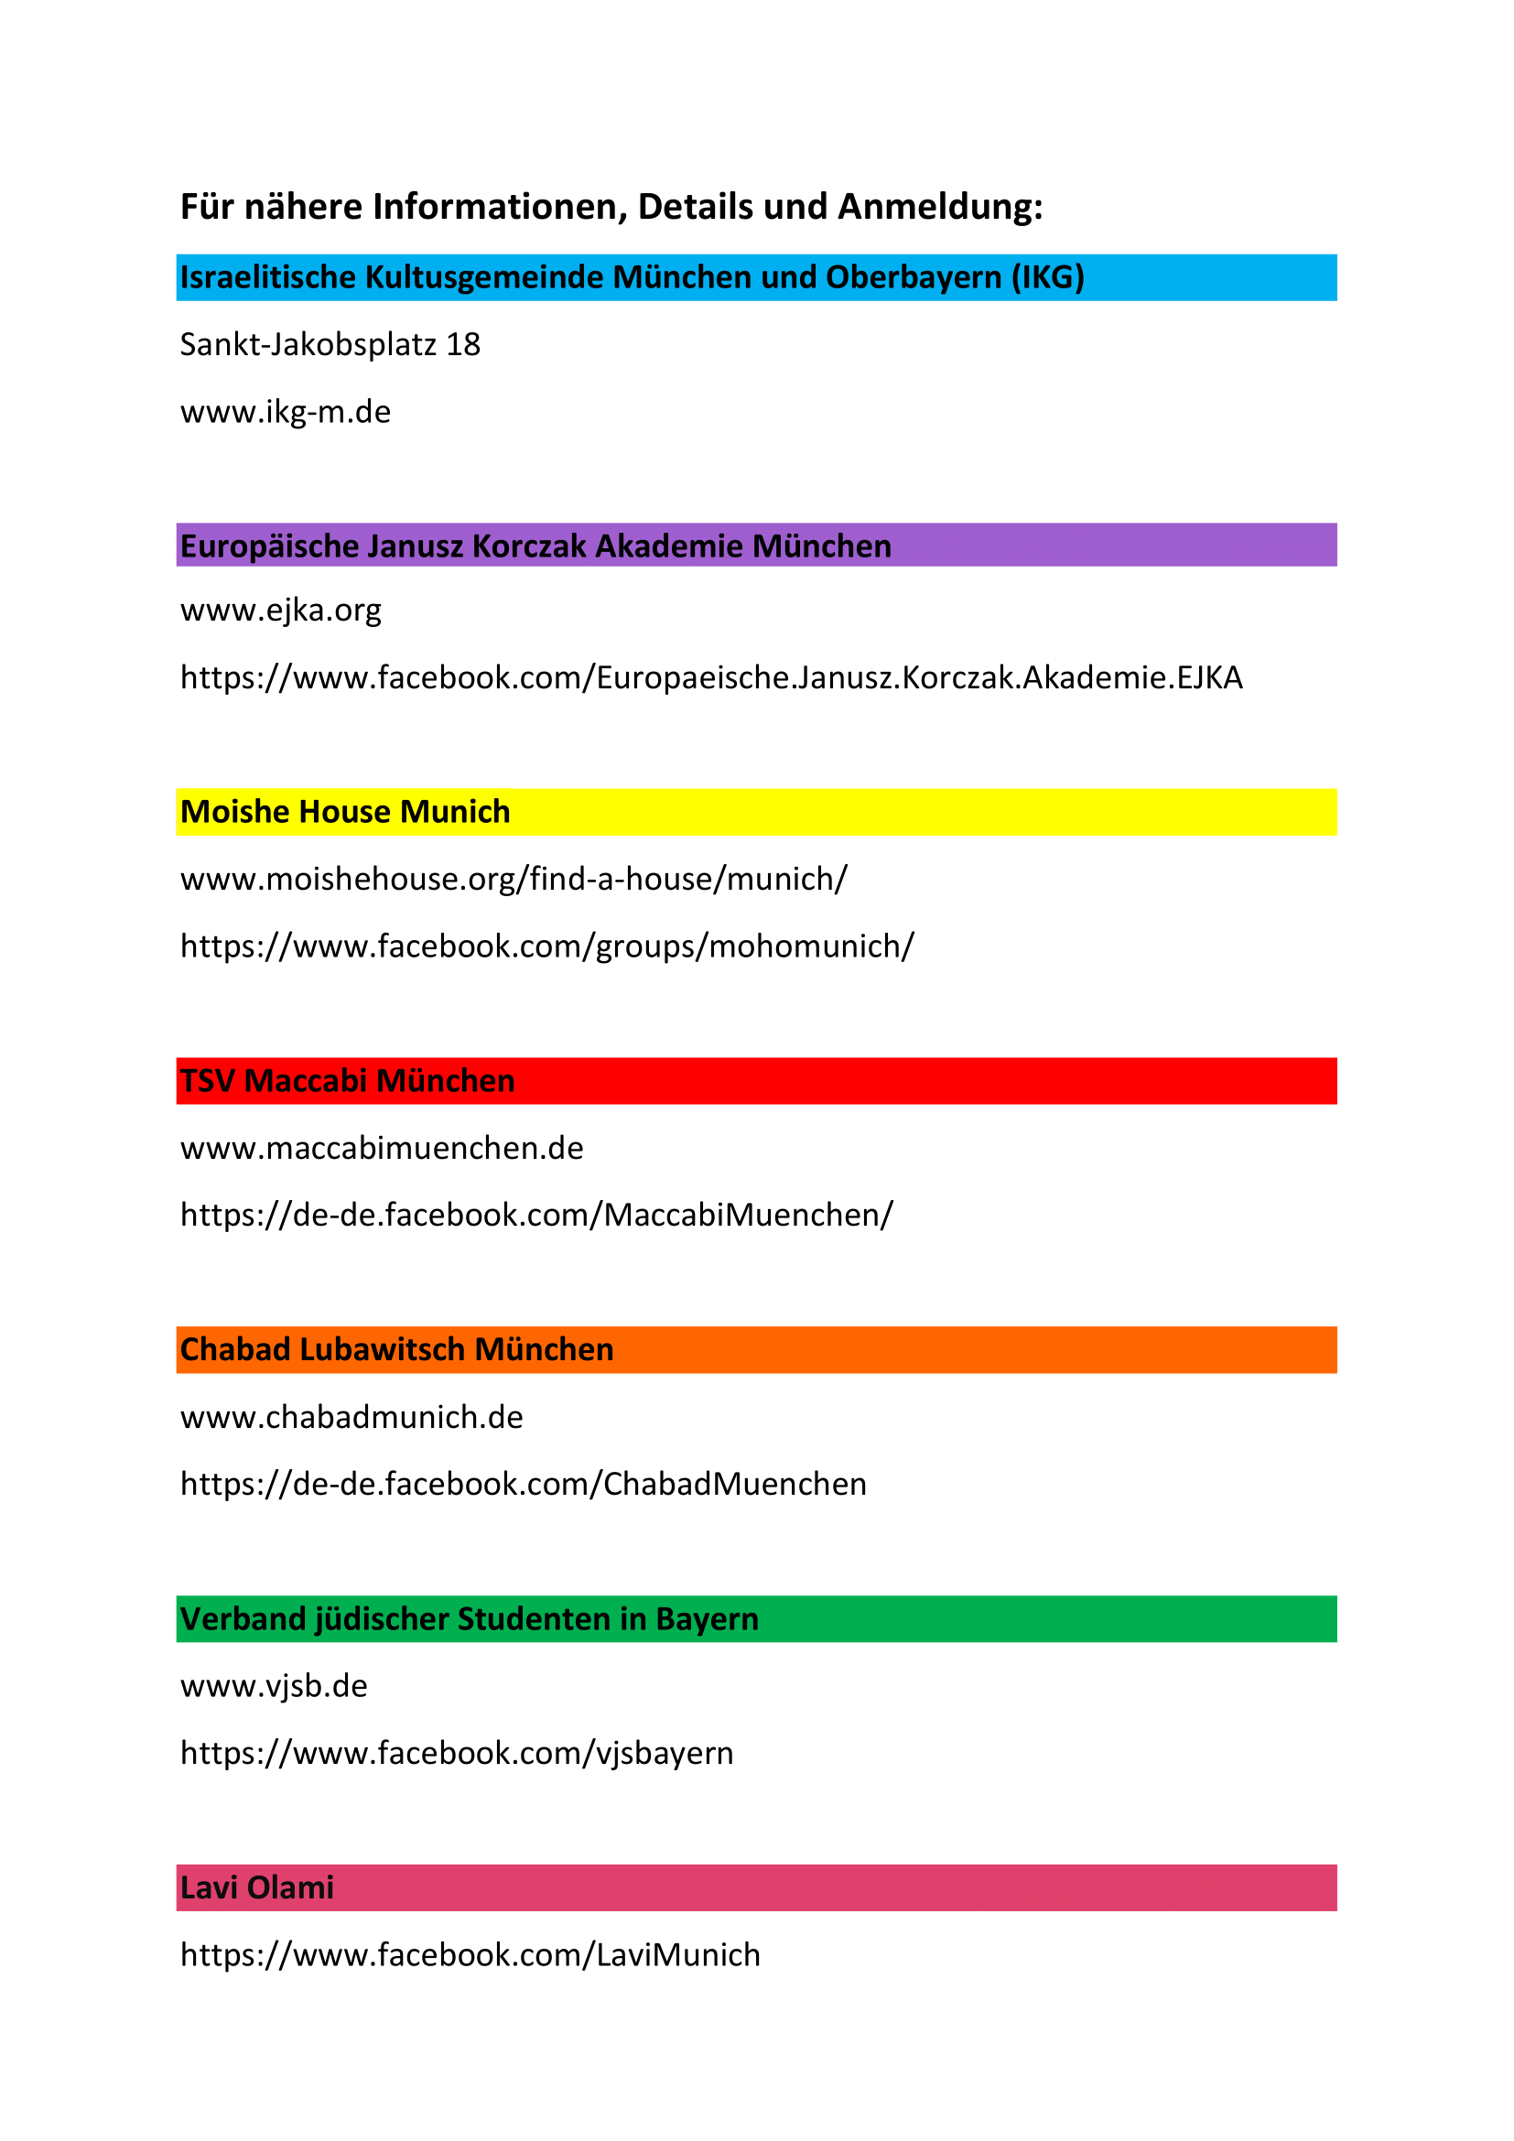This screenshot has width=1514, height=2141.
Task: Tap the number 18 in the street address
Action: coord(463,345)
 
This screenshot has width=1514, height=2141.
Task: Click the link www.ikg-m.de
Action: coord(286,412)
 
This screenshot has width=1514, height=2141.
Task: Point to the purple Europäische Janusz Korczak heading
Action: coord(535,546)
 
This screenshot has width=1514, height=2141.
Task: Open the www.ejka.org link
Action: coord(281,611)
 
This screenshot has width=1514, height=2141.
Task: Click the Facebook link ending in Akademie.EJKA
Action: coord(710,678)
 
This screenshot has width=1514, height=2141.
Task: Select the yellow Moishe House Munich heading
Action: coord(345,812)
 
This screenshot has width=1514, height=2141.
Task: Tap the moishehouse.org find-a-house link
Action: coord(514,880)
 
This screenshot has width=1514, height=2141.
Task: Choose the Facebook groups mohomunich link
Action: coord(547,946)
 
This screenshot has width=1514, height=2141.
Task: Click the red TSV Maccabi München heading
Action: coord(347,1081)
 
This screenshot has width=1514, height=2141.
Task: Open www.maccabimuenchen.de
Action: coord(382,1148)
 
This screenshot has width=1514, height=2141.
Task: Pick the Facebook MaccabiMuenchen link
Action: coord(536,1215)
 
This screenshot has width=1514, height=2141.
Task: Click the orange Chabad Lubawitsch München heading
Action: coord(396,1349)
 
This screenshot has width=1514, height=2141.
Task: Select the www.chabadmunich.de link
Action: coord(351,1417)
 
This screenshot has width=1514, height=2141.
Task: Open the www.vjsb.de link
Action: coord(274,1686)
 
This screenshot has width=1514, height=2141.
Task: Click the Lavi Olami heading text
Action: coord(256,1887)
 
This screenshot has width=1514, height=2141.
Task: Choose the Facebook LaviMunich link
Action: coord(470,1954)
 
